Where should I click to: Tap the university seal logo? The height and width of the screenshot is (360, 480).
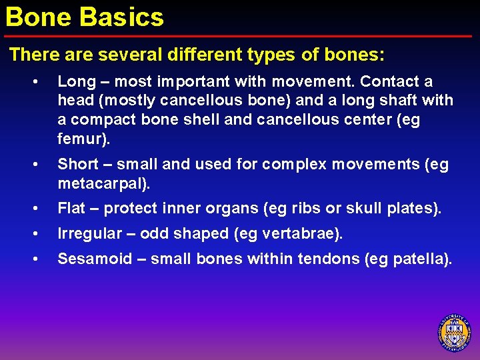click(454, 332)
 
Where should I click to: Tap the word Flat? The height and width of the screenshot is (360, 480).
click(71, 208)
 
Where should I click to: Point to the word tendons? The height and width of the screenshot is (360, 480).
click(316, 259)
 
